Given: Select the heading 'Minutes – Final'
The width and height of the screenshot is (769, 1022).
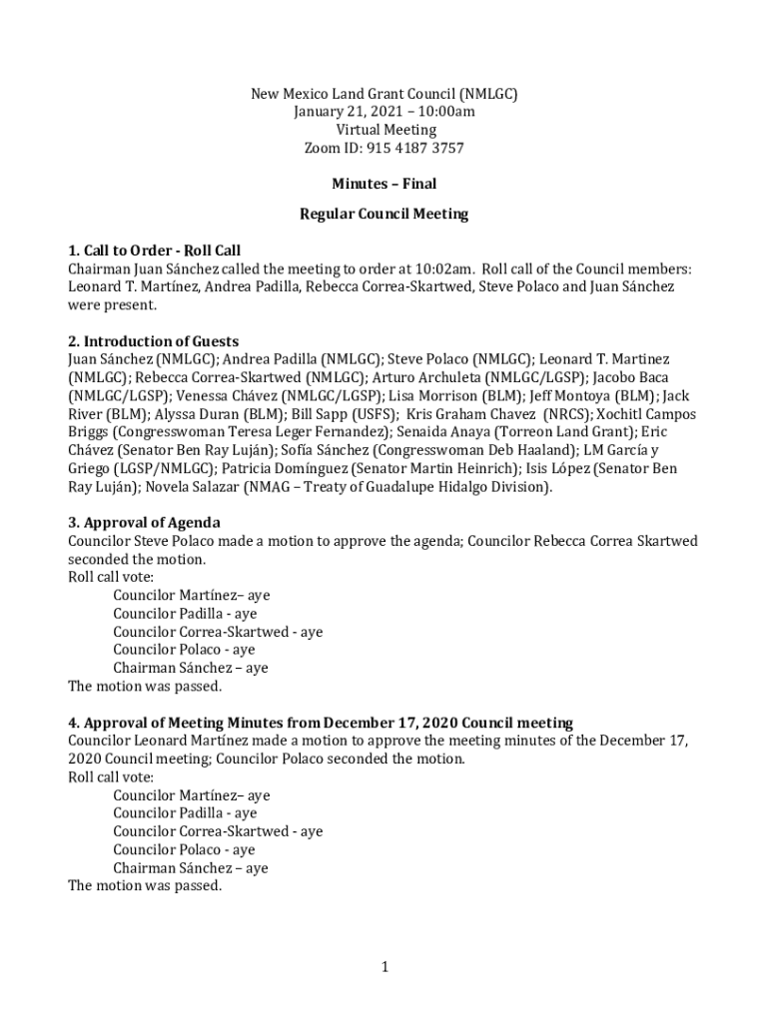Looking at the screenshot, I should coord(384,184).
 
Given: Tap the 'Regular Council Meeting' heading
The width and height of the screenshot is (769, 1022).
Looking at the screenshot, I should coord(384,214).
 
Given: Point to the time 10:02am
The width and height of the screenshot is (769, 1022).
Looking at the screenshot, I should coord(442,268).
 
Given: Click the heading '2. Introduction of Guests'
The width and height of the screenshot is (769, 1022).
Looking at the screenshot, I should coord(153,341).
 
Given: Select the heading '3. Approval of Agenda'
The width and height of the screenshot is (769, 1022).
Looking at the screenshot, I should coord(144,522).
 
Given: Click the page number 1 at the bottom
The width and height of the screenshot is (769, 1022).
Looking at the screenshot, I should coord(384,966).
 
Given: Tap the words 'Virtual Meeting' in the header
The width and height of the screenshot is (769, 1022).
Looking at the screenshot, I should coord(384,130).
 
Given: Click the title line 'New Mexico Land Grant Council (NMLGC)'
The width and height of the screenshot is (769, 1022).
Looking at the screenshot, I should coord(384,94).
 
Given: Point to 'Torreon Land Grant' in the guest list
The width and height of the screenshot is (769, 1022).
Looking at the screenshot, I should coord(560,431).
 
